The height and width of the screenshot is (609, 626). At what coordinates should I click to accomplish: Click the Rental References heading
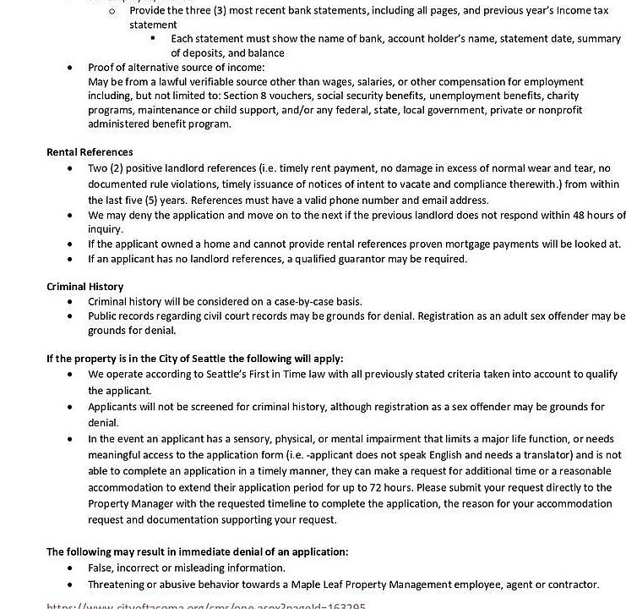pyautogui.click(x=90, y=152)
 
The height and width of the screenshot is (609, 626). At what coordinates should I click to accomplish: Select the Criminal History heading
pyautogui.click(x=84, y=287)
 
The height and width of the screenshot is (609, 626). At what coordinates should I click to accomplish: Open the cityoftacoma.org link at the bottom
pyautogui.click(x=206, y=606)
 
